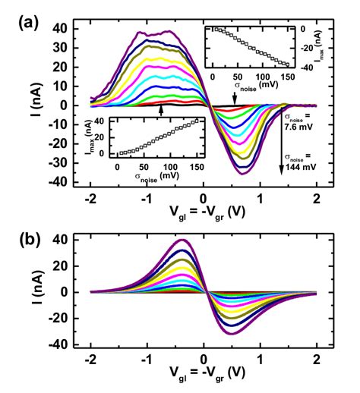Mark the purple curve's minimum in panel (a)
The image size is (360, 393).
pos(242,174)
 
